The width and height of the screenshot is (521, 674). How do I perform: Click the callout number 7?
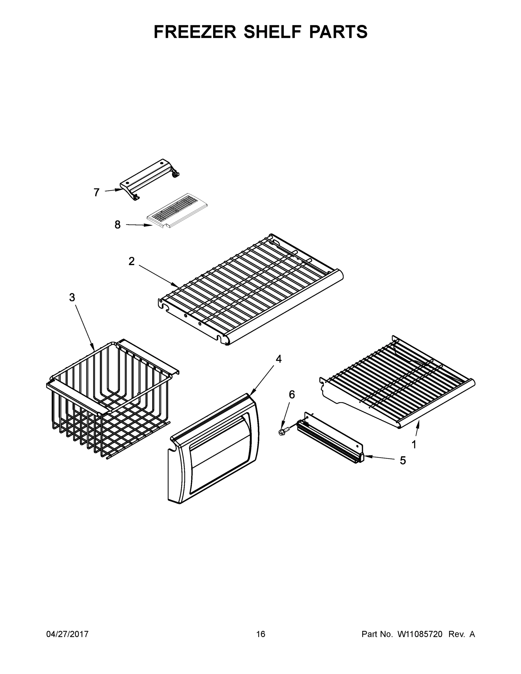[97, 192]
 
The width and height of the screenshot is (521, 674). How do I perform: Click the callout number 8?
[117, 225]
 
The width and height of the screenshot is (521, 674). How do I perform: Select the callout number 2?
[131, 261]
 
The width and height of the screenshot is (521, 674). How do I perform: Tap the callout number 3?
[72, 297]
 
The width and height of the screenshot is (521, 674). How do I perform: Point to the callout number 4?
[278, 359]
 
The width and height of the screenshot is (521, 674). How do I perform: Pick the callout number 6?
[292, 394]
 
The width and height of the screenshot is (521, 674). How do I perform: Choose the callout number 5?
[403, 461]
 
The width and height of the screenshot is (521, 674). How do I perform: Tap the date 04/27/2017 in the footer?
[67, 634]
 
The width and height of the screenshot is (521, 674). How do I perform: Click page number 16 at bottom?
[261, 634]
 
